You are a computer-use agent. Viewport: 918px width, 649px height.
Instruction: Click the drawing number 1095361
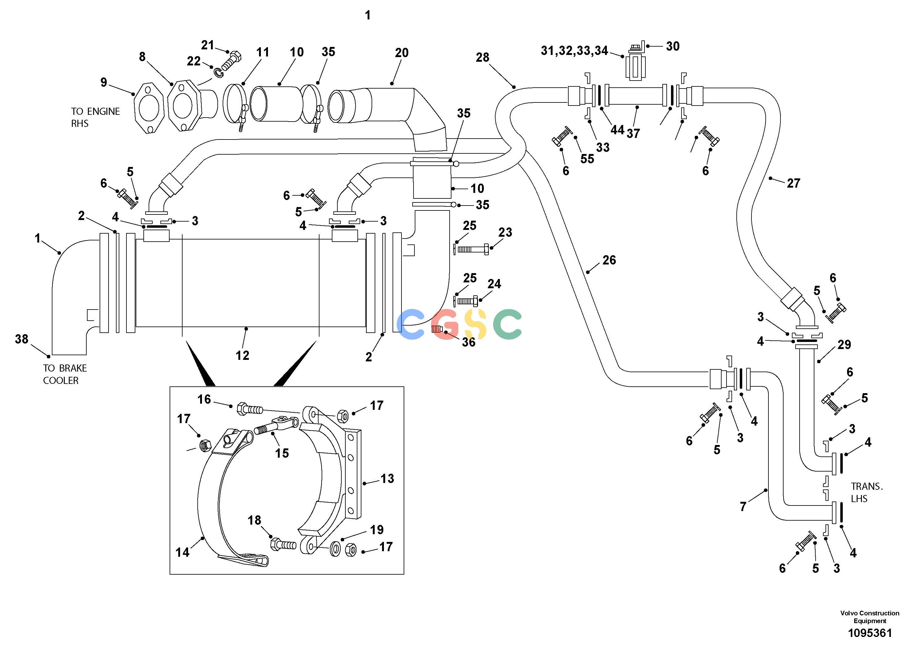(870, 633)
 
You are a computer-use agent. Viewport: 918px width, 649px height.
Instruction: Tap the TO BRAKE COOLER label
(65, 374)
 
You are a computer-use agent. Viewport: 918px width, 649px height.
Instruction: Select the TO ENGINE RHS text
(96, 117)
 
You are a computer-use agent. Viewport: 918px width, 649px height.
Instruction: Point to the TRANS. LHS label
(867, 492)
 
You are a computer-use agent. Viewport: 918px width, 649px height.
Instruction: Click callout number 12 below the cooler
(242, 355)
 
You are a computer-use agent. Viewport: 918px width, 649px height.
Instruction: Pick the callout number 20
(402, 52)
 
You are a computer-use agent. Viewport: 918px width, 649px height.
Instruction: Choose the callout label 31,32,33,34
(574, 51)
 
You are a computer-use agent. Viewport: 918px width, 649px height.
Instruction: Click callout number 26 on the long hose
(609, 260)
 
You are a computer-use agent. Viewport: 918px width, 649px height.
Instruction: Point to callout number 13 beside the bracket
(387, 479)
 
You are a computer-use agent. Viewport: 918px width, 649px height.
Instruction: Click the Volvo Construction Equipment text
(870, 617)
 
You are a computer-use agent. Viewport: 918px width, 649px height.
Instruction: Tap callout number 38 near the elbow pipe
(22, 339)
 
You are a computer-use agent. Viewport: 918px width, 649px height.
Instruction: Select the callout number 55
(587, 159)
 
